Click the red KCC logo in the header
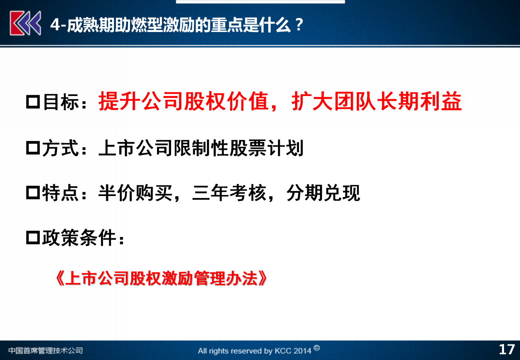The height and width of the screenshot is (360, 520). click(x=25, y=23)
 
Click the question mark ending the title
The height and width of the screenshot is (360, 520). click(x=299, y=25)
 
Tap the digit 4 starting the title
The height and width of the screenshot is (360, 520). click(x=55, y=25)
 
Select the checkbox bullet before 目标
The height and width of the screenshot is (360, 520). click(x=33, y=102)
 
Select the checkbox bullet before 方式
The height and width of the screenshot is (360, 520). click(x=33, y=148)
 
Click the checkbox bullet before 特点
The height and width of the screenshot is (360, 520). click(x=33, y=192)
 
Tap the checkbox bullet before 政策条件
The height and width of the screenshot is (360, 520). click(x=33, y=237)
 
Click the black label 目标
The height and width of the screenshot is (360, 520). click(x=61, y=102)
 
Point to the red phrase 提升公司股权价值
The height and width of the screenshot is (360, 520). click(x=183, y=101)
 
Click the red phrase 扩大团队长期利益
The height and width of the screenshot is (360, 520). click(x=376, y=101)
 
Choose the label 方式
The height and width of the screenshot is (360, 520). click(x=60, y=148)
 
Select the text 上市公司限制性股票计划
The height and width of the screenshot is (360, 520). click(x=201, y=148)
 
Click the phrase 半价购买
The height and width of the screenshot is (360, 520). click(x=135, y=193)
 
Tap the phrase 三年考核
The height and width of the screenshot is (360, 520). click(x=229, y=193)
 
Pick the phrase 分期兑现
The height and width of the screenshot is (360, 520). click(x=323, y=193)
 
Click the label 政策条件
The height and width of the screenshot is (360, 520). click(x=79, y=237)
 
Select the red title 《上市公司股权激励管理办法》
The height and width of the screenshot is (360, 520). click(x=161, y=278)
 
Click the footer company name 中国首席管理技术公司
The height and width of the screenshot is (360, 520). click(x=46, y=351)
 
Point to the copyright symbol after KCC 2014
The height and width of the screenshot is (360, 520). click(x=317, y=348)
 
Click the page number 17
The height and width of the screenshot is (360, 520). click(x=507, y=350)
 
